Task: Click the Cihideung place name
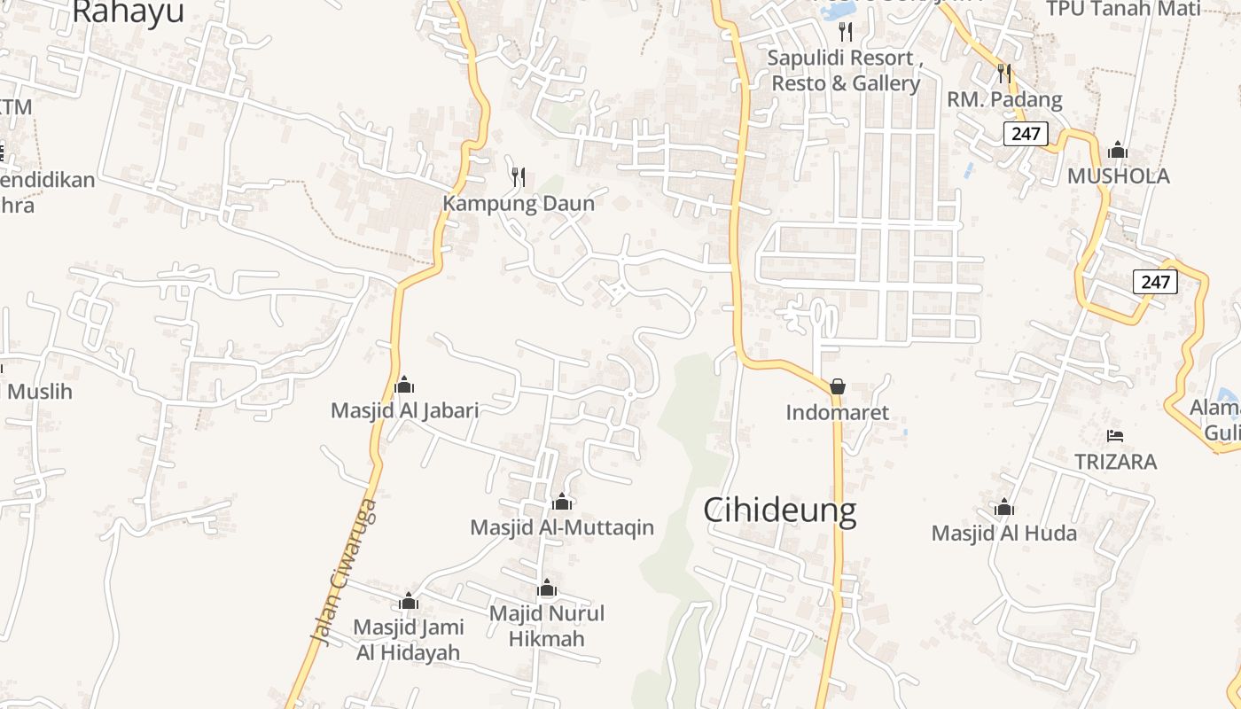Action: pos(780,511)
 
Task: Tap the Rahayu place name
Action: pos(128,12)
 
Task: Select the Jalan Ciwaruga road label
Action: pos(344,572)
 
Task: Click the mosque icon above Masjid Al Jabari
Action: pos(404,385)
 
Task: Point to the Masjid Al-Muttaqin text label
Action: pos(562,527)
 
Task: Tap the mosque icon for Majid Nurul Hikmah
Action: pos(547,588)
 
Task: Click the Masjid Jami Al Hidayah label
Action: pos(409,640)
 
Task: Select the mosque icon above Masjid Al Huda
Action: pos(1004,508)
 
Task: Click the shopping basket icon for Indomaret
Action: pos(838,386)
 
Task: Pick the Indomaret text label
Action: pos(838,412)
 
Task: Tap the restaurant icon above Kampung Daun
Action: pos(519,176)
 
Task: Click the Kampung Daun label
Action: pos(519,203)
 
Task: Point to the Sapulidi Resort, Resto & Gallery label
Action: pos(845,71)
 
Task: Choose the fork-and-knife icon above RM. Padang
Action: pos(1004,72)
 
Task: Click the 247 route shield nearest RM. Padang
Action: pos(1026,135)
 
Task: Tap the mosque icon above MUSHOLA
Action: pos(1118,149)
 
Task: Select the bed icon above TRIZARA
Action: pos(1115,435)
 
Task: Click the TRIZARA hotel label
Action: pos(1115,462)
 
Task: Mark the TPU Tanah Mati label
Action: pos(1123,9)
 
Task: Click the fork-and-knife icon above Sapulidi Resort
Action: pos(846,32)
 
